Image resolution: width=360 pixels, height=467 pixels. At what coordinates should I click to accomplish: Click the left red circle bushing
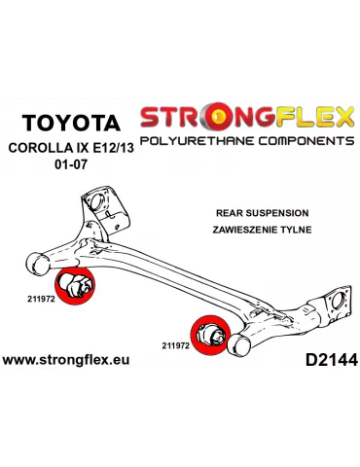point(77,287)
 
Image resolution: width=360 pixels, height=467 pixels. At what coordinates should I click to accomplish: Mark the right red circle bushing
point(210,337)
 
